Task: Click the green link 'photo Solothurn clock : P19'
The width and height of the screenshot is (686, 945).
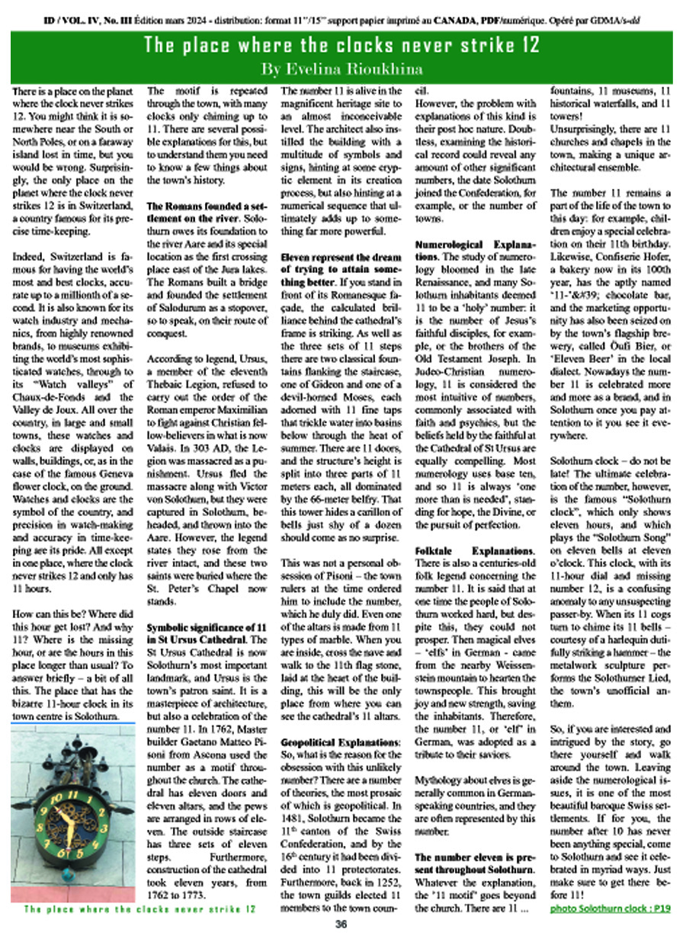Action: pyautogui.click(x=610, y=909)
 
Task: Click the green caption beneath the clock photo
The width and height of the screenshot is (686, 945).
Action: pyautogui.click(x=139, y=910)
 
